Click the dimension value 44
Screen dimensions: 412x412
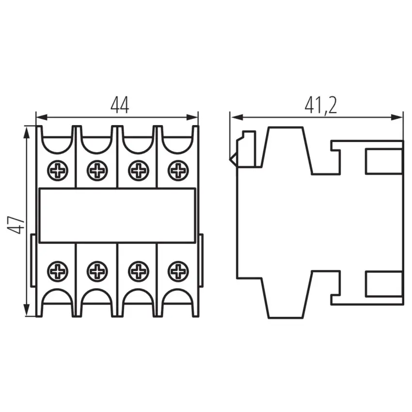(120, 105)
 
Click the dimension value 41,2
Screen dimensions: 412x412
(321, 105)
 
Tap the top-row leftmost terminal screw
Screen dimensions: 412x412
(58, 171)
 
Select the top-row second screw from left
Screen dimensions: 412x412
(97, 171)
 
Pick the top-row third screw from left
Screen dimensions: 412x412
(139, 171)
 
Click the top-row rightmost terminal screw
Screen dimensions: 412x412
(178, 171)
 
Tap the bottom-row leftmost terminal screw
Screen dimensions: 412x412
(58, 271)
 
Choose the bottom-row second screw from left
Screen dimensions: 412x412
(97, 271)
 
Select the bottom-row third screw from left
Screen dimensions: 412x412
(139, 271)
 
